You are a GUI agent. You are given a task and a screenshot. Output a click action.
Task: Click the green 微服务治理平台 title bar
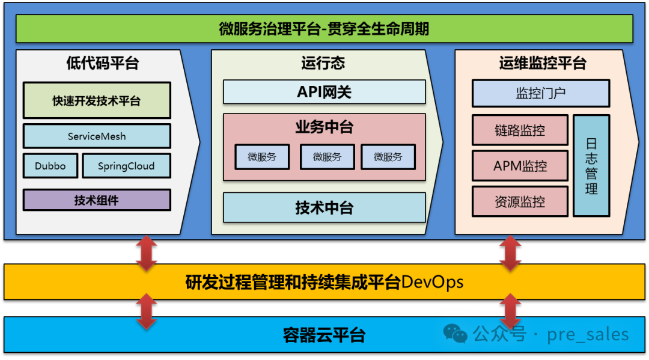coord(324,29)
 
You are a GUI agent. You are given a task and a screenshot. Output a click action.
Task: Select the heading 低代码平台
coord(102,63)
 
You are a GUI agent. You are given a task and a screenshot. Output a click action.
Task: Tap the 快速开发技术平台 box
coord(97,100)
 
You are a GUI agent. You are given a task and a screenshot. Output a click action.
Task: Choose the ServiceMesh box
coord(97,136)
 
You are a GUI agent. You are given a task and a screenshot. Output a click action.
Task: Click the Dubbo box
coord(50,166)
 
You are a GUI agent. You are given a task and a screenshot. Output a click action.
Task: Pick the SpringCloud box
coord(126,166)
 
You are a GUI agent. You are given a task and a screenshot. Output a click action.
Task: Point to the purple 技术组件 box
coord(97,200)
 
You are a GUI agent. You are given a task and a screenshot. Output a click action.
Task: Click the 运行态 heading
coord(323,63)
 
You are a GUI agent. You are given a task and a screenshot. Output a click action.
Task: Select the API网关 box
coord(324,92)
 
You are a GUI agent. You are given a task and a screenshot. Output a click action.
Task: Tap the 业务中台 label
coord(324,127)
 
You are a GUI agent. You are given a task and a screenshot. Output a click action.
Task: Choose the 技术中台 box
coord(324,208)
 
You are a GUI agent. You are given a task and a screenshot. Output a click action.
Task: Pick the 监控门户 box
coord(541,94)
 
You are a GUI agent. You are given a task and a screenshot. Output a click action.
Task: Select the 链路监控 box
coord(520,130)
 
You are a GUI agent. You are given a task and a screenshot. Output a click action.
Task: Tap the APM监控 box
coord(520,166)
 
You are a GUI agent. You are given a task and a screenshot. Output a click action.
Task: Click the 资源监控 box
coord(520,201)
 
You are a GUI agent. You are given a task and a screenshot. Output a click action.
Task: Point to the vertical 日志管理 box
coord(591,166)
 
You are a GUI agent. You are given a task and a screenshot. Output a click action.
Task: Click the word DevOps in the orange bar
coord(432,282)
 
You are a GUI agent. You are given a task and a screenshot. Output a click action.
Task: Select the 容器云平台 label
coord(324,335)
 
